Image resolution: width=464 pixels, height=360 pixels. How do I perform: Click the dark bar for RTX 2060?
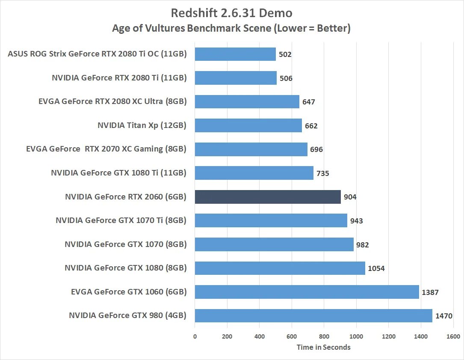click(268, 197)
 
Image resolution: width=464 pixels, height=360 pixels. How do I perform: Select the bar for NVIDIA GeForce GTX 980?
click(313, 316)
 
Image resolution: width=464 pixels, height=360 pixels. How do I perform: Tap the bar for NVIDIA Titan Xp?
click(248, 125)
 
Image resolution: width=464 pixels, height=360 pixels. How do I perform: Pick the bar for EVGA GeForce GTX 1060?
click(307, 292)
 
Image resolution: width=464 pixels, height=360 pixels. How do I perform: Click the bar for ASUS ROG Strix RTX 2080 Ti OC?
click(235, 54)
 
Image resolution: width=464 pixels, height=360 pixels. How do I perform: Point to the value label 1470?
click(443, 316)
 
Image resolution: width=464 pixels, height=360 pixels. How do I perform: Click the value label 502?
click(285, 54)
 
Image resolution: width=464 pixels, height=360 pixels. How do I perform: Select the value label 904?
click(350, 197)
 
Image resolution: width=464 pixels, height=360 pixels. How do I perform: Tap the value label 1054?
click(377, 268)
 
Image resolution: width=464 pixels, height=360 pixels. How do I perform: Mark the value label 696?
click(316, 149)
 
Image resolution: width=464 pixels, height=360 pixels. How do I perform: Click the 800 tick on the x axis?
click(324, 336)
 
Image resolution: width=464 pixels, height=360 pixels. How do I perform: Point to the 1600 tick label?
click(453, 336)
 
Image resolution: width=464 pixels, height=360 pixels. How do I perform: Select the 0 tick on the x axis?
click(195, 336)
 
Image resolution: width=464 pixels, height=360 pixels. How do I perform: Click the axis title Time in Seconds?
click(323, 347)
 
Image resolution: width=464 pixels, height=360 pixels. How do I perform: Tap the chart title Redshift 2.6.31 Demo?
click(231, 13)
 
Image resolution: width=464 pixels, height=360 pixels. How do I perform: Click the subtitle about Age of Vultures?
click(231, 29)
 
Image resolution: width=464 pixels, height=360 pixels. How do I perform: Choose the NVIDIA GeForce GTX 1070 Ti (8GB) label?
click(121, 221)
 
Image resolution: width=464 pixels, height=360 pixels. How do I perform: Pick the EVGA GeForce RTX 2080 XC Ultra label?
click(112, 102)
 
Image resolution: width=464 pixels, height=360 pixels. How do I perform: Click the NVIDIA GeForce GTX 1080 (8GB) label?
click(125, 268)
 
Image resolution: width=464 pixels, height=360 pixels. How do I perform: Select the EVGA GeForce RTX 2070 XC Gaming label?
click(106, 149)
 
